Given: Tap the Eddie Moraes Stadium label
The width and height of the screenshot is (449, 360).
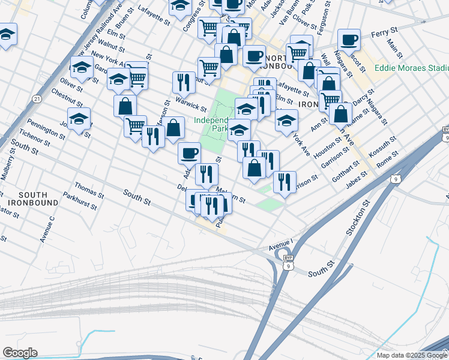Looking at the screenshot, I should (411, 68).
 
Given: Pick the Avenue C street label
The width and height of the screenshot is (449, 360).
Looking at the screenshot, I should (43, 229).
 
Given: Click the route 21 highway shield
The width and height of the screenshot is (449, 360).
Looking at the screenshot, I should (37, 98).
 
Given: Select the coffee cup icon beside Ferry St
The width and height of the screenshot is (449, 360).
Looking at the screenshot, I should (348, 40).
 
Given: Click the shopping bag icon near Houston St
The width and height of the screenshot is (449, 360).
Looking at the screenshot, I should (340, 113).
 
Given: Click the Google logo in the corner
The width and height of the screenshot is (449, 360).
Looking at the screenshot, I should (19, 353).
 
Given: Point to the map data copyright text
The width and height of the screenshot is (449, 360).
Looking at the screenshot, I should (411, 355).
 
